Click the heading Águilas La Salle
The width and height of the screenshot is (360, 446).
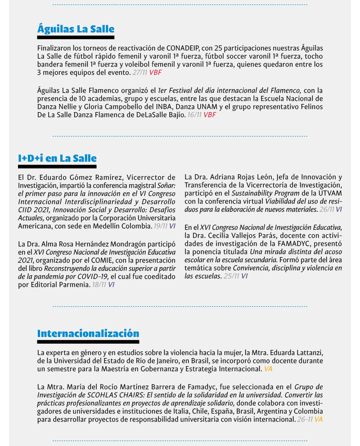click(76, 29)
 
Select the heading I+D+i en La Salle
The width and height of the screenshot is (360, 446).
click(57, 158)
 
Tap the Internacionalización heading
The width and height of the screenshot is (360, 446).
click(88, 334)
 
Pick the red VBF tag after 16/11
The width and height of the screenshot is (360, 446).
click(210, 115)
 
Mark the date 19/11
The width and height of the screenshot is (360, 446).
click(160, 226)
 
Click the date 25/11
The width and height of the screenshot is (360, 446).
click(231, 276)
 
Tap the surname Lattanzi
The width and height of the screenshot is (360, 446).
click(307, 352)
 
